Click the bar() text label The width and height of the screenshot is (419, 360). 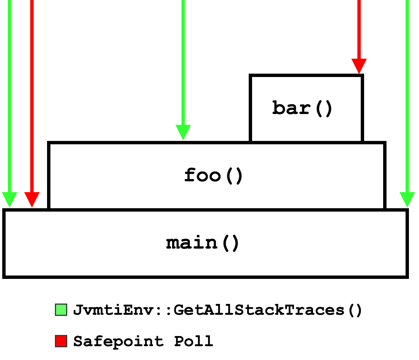302,108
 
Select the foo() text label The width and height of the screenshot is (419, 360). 213,176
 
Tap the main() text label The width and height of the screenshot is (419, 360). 202,243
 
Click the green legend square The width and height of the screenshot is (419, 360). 61,310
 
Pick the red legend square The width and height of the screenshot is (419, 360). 61,341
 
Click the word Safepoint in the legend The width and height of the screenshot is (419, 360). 118,342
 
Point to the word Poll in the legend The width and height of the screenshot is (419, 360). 194,341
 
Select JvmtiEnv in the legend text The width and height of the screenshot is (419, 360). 114,310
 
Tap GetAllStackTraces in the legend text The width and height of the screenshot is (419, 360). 259,310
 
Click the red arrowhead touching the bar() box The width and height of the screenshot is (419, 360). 359,66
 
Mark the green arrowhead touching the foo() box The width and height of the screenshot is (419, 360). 183,132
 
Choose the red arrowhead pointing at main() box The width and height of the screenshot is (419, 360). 32,200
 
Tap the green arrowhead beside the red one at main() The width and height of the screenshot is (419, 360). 9,200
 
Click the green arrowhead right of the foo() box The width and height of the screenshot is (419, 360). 407,200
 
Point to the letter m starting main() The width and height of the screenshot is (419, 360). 173,244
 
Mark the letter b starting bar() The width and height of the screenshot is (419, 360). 279,108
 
